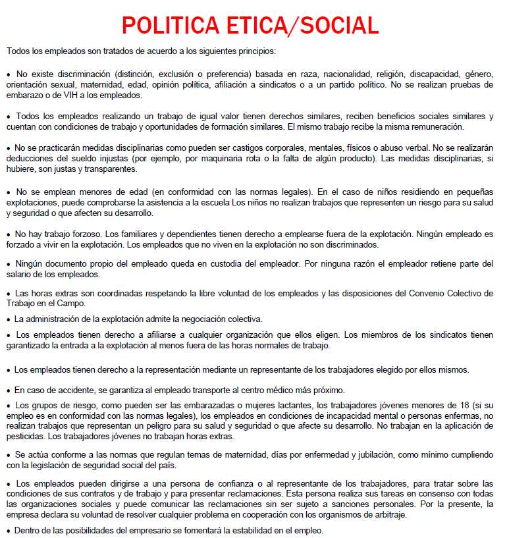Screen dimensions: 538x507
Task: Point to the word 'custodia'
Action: coord(227,264)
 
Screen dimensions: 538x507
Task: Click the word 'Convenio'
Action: coord(408,294)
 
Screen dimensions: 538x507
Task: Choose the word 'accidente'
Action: coord(69,390)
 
